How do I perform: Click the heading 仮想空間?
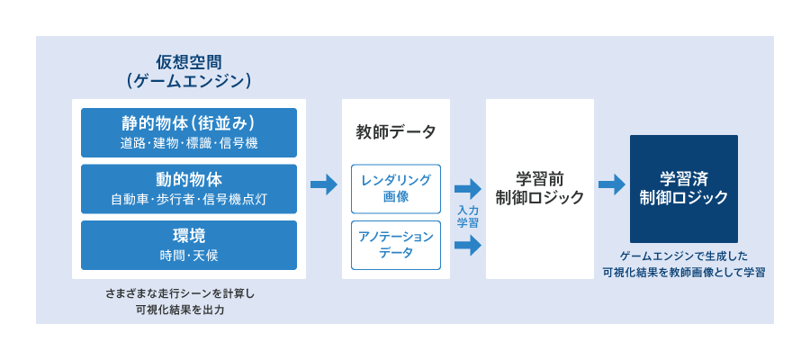189,62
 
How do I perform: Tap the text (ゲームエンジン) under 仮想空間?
189,82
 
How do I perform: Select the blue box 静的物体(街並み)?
189,132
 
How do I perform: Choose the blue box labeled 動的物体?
189,189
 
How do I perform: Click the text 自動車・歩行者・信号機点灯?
189,200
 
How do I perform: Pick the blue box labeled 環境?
189,246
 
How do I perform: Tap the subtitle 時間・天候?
189,256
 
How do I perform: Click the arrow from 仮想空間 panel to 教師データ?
324,184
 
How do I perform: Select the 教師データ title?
396,132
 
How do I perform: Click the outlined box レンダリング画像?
396,189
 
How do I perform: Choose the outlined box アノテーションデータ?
396,246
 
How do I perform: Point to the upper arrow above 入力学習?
468,189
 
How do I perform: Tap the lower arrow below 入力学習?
468,245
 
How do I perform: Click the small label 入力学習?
468,217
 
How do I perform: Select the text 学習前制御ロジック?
540,189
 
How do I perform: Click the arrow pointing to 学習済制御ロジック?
612,184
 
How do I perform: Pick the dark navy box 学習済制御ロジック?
684,189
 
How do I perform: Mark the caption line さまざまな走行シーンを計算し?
180,294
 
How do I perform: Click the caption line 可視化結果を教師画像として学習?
684,272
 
